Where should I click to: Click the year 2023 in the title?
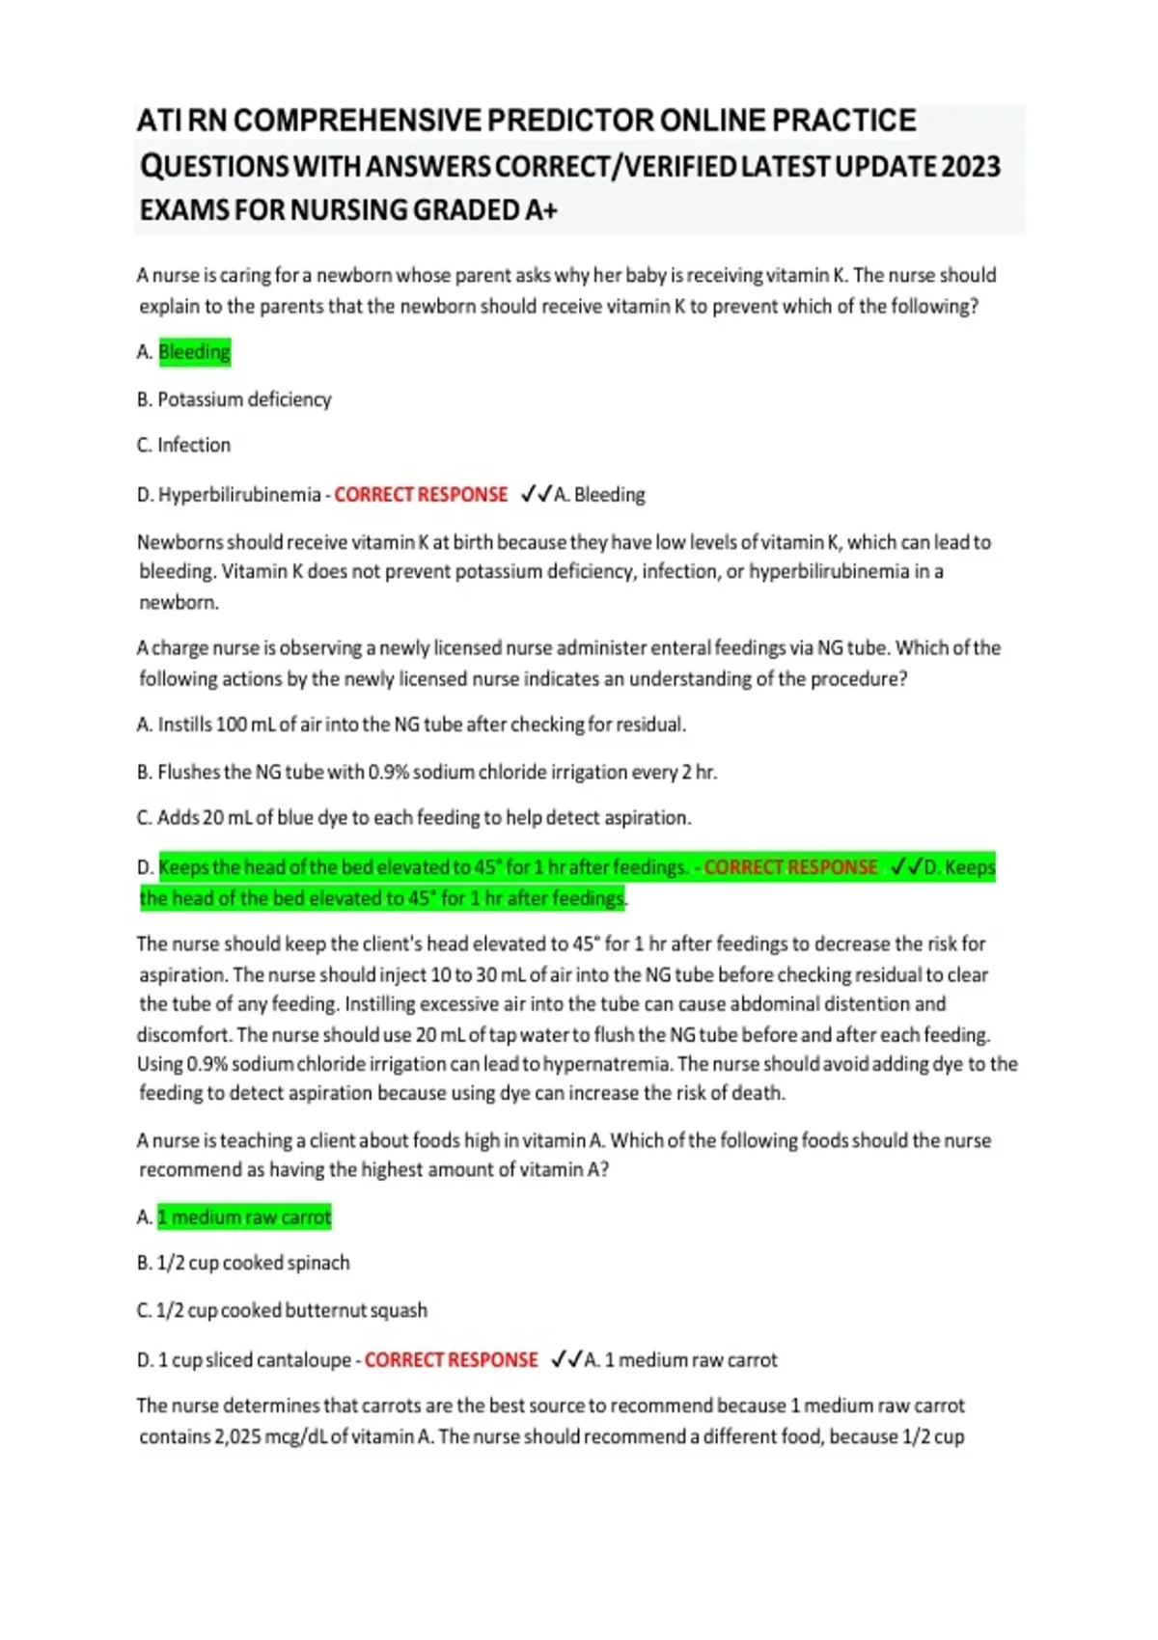point(971,166)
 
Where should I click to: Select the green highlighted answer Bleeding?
point(194,352)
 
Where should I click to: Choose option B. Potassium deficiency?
point(234,399)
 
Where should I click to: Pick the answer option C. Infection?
point(184,445)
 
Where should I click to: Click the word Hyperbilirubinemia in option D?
point(239,495)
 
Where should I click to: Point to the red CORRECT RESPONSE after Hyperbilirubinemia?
point(421,495)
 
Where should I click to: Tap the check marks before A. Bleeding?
point(536,495)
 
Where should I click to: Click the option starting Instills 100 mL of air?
point(412,724)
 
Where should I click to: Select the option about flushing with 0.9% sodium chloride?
point(427,772)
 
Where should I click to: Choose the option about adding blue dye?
point(415,818)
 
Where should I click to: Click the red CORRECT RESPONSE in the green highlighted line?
point(790,867)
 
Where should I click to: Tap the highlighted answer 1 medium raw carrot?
point(244,1217)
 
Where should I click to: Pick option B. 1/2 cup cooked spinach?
point(244,1263)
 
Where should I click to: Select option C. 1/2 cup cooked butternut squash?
point(283,1310)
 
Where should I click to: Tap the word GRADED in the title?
point(466,210)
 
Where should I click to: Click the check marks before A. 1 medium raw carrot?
point(566,1360)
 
